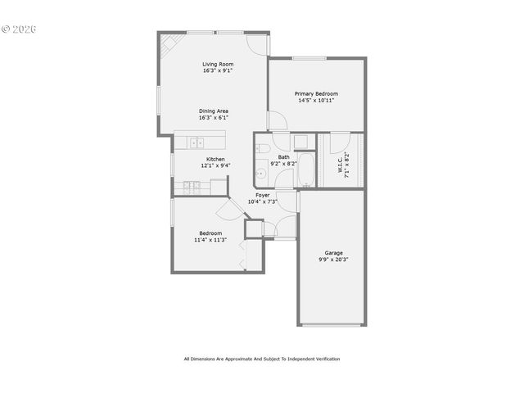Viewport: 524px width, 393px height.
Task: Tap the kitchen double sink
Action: (197, 142)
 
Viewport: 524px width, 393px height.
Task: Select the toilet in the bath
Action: (263, 148)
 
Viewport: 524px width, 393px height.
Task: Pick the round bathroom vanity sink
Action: (261, 173)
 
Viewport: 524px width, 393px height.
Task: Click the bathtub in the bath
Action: (305, 169)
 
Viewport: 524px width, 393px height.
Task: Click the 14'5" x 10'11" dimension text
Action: (316, 101)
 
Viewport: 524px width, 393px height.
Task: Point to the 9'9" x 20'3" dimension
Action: (333, 260)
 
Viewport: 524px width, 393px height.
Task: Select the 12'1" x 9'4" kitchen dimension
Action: (215, 165)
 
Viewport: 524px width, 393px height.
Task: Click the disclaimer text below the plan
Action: (262, 359)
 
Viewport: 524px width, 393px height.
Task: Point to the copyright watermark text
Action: (20, 29)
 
